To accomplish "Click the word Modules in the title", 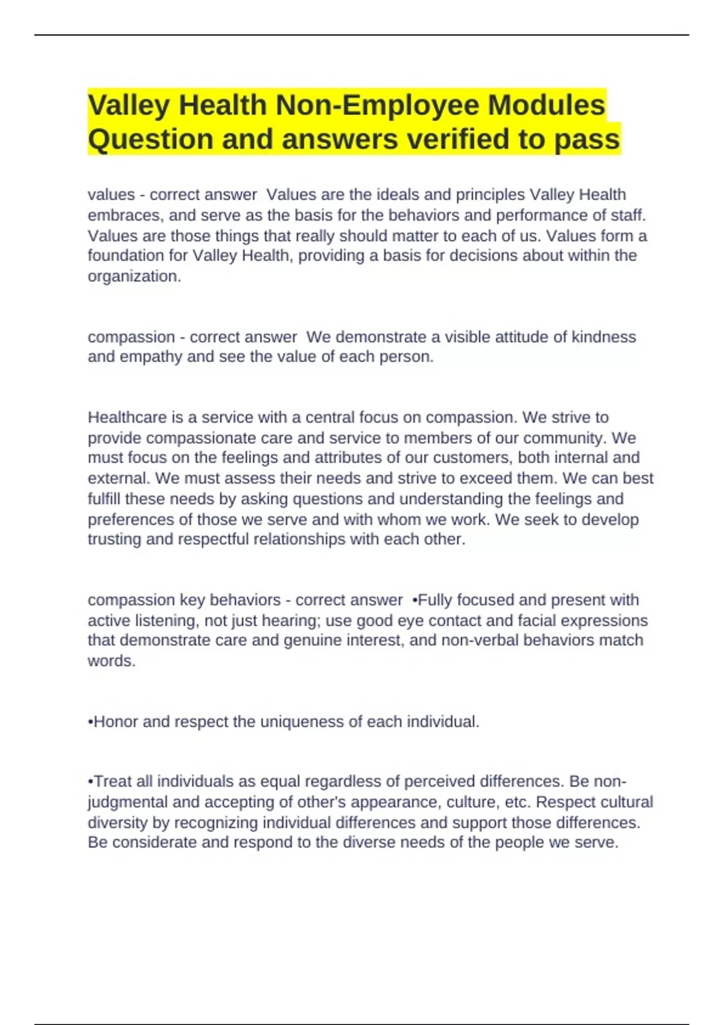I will coord(546,106).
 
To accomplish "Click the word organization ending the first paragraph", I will coord(134,276).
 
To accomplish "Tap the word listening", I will coord(168,620).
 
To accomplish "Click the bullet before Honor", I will coord(91,722).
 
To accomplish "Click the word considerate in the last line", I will coord(154,843).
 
